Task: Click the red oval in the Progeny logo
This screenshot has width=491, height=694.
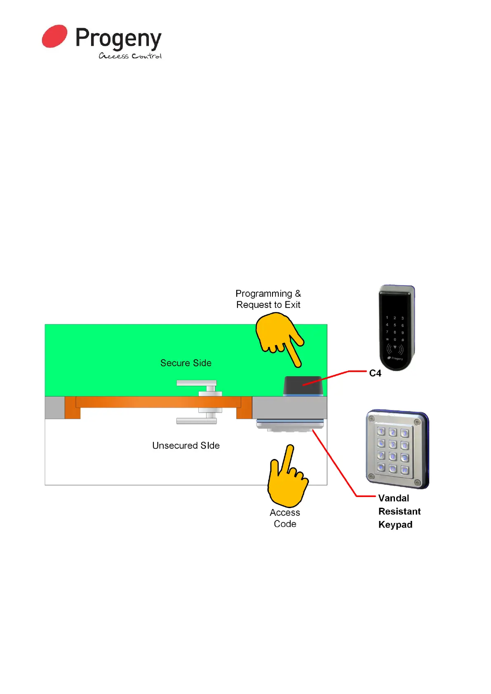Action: coord(54,36)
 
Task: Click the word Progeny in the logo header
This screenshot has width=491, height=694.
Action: coord(118,39)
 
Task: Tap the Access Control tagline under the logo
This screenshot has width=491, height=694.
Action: coord(130,56)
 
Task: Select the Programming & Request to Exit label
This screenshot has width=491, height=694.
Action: coord(268,299)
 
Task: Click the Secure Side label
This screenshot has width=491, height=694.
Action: coord(186,363)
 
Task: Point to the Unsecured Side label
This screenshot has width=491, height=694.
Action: coord(186,445)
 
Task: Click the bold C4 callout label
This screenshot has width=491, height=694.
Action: coord(375,373)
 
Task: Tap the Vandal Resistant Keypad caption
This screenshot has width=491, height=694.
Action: coord(399,511)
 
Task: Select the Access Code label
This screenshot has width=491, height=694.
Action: coord(285,518)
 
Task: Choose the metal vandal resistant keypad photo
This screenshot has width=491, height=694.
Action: coord(397,449)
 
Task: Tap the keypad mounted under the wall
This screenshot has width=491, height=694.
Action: coord(290,425)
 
